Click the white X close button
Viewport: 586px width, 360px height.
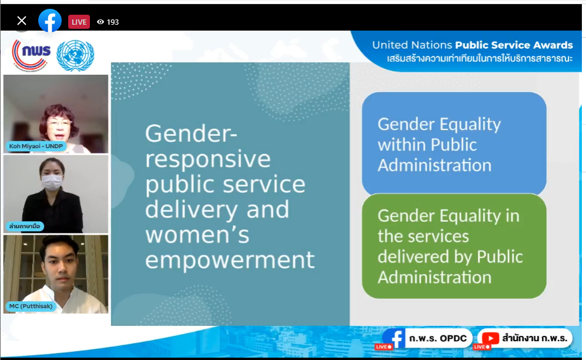tap(22, 21)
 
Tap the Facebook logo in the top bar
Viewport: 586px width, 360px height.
tap(50, 21)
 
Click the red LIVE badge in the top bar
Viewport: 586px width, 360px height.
tap(79, 22)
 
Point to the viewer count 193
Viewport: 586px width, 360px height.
tap(113, 22)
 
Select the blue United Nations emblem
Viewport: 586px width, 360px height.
tap(75, 56)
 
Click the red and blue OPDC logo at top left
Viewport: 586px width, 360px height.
tap(31, 55)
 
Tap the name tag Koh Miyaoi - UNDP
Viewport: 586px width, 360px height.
tap(36, 146)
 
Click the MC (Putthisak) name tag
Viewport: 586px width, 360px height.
tap(31, 306)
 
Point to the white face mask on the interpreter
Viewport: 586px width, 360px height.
tap(52, 182)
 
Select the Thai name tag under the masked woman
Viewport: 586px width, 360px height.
tap(25, 226)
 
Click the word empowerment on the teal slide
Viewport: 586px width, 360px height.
tap(230, 261)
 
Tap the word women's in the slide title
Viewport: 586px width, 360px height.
tap(197, 235)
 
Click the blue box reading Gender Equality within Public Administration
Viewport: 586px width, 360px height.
tap(454, 144)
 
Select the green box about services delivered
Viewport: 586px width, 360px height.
tap(454, 246)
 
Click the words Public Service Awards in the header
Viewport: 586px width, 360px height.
tap(514, 45)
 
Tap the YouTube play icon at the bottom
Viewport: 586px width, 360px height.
tap(490, 338)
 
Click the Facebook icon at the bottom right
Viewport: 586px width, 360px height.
tap(394, 338)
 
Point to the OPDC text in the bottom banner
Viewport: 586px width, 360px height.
tap(453, 338)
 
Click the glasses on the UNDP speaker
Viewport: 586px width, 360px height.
tap(59, 123)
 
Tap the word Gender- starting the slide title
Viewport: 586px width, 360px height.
tap(191, 134)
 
